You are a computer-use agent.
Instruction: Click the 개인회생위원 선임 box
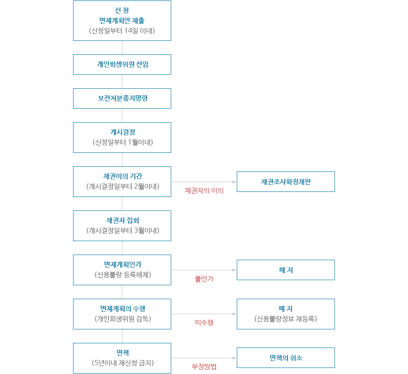(x=122, y=65)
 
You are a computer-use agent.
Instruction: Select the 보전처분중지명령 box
(x=122, y=98)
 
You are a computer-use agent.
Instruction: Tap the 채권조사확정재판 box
(x=286, y=182)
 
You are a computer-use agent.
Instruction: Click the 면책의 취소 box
(x=286, y=358)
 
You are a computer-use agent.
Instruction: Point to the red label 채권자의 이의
(x=204, y=190)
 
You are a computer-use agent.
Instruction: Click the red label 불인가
(x=204, y=279)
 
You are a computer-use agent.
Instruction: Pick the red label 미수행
(x=204, y=322)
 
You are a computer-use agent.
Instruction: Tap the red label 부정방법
(x=204, y=367)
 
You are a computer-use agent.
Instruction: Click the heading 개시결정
(x=122, y=132)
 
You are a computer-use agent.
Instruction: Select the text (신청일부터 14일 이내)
(x=122, y=31)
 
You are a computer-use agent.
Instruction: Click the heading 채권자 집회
(x=122, y=220)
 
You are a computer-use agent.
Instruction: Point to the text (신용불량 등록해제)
(x=122, y=275)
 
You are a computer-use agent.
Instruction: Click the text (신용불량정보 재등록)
(x=286, y=319)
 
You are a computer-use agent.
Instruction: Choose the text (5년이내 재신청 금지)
(x=122, y=363)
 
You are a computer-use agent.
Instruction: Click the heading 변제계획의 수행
(x=122, y=308)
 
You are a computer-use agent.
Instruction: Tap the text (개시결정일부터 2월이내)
(x=122, y=186)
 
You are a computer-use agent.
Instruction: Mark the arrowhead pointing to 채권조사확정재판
(x=234, y=182)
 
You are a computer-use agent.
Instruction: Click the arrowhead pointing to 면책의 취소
(x=234, y=358)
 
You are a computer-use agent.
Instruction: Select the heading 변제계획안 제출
(x=122, y=20)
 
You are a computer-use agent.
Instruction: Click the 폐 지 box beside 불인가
(x=286, y=270)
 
